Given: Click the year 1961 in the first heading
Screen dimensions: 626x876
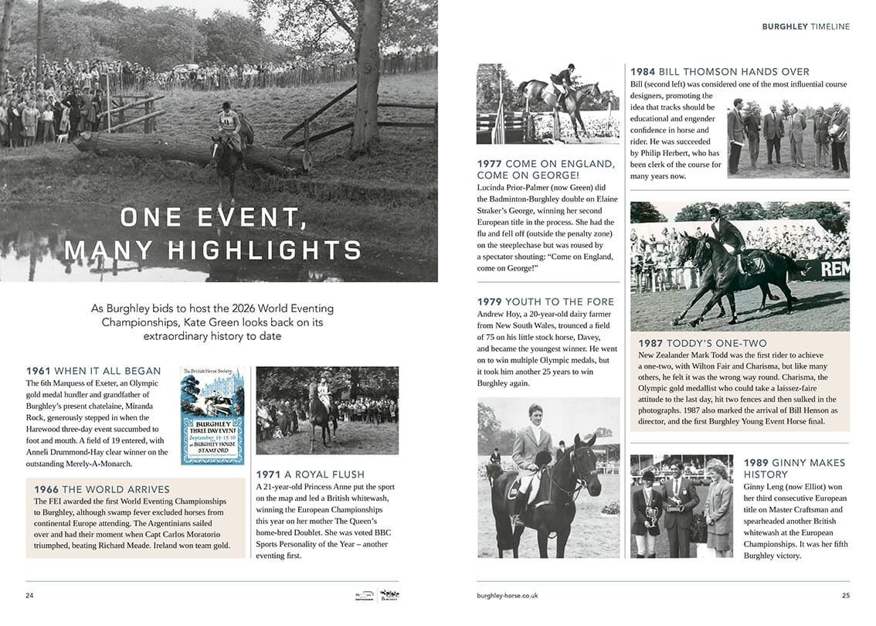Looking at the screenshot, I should point(39,371).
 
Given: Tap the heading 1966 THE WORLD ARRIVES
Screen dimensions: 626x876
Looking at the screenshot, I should point(98,489).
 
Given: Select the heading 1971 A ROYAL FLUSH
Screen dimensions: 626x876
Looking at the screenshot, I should point(310,474).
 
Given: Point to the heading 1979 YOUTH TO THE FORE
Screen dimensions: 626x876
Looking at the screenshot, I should point(545,301).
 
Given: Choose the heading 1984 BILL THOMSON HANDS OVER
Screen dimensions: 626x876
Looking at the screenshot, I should point(719,72).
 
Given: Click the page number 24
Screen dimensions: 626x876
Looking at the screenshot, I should point(29,595).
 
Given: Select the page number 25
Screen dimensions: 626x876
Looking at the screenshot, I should point(845,595).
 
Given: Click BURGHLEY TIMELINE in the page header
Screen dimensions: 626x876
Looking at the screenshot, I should point(806,26).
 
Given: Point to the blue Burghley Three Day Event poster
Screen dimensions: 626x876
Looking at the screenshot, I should point(212,416).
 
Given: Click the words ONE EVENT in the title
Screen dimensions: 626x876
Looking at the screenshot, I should point(214,218).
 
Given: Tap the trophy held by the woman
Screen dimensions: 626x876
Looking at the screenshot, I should point(650,511).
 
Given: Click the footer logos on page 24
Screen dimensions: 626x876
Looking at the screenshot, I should point(372,595).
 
